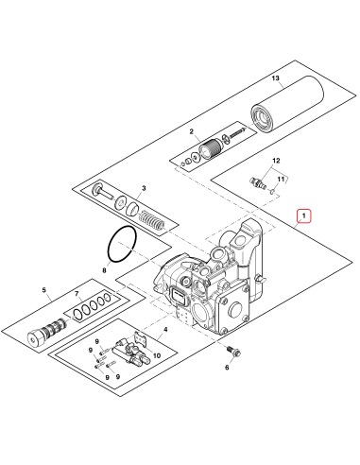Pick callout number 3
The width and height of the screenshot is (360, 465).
click(x=143, y=189)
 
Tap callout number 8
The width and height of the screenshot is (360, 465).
click(x=105, y=270)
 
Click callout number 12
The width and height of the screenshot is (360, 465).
click(x=278, y=163)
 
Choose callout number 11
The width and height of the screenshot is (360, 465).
click(x=279, y=178)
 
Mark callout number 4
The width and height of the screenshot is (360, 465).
click(x=164, y=331)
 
